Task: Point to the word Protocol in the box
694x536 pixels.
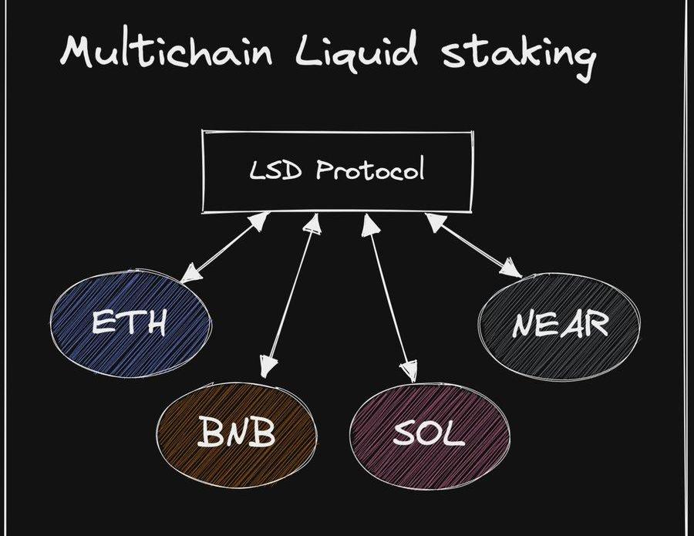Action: pos(370,170)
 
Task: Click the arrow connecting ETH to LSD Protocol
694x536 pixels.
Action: pos(225,247)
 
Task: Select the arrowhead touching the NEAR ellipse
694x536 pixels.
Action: pos(512,269)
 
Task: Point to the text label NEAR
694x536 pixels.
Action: pos(560,325)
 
